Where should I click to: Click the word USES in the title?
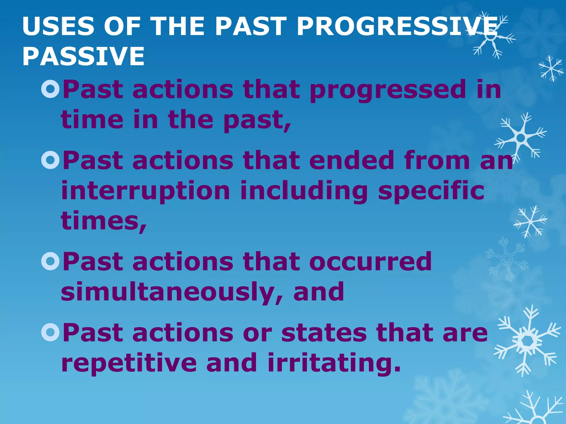pos(58,26)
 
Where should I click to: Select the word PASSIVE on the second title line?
pos(83,56)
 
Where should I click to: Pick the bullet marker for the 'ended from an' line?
pos(51,160)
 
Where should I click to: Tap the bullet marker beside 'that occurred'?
pos(51,261)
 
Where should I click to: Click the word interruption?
pos(146,191)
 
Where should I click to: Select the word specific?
pos(431,191)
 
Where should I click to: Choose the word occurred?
pos(370,261)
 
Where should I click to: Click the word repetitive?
pos(129,363)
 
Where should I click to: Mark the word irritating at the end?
pos(334,363)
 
